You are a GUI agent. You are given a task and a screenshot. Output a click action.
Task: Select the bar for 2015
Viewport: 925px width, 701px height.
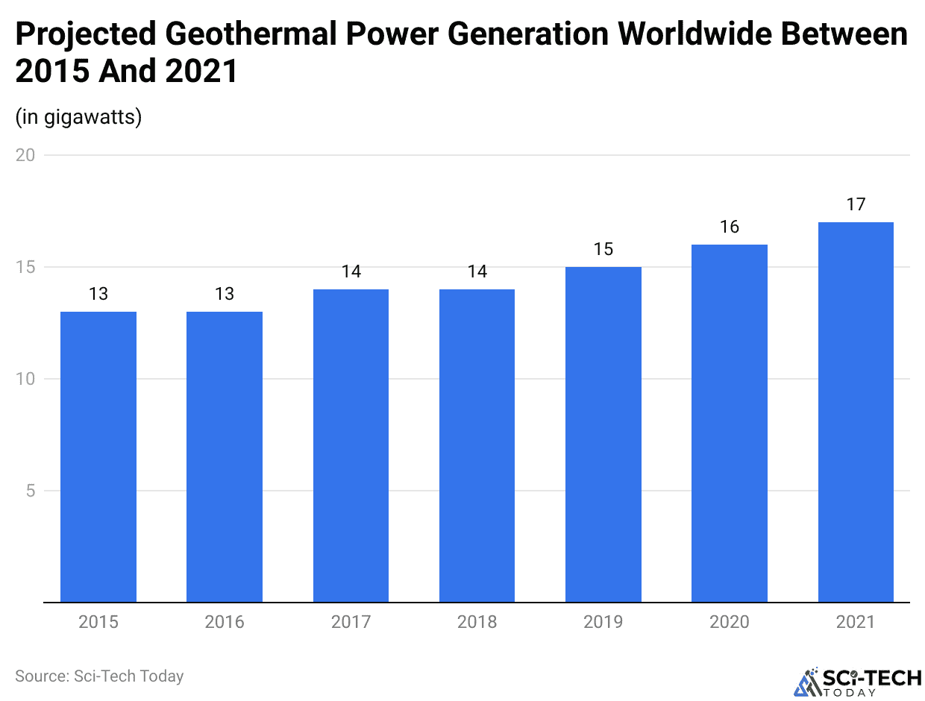point(98,456)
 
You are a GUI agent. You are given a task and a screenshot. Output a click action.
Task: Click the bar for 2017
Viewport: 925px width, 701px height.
point(351,445)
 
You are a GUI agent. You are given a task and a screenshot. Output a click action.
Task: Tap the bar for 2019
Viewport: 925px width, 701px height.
point(603,434)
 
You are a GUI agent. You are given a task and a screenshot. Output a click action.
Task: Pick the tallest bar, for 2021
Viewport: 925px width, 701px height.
point(856,412)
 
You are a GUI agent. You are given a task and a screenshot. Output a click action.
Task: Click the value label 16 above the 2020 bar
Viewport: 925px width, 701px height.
point(730,227)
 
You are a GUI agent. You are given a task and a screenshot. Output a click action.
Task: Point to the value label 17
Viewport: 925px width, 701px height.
point(856,204)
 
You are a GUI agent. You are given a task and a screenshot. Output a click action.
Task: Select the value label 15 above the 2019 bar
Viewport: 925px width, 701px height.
point(603,249)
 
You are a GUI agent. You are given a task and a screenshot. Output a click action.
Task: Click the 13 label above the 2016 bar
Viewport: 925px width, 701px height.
point(225,294)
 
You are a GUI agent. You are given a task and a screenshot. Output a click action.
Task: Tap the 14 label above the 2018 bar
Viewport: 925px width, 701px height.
point(477,271)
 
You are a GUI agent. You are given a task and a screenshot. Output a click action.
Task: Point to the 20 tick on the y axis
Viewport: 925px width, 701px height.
point(25,155)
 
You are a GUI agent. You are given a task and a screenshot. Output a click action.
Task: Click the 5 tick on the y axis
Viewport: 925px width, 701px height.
point(30,491)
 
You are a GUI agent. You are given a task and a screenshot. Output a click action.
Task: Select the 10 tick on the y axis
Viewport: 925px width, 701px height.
point(25,379)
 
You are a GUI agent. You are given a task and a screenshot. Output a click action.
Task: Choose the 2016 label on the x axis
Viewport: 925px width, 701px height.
point(225,622)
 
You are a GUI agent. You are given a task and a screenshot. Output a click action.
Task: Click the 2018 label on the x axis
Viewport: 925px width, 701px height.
point(477,622)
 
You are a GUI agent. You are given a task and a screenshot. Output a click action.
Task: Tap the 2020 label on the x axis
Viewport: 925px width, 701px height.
point(730,622)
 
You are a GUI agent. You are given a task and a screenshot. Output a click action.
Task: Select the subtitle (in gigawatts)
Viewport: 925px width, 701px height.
point(78,117)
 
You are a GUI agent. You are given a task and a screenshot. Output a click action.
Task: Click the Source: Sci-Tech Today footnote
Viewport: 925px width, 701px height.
point(99,676)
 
